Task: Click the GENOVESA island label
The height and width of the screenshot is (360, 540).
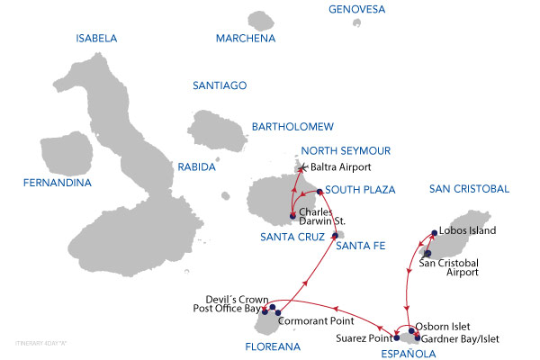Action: [x=357, y=10]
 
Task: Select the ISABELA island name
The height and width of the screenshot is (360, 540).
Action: [x=96, y=39]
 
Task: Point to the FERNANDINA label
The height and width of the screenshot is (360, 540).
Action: [x=58, y=184]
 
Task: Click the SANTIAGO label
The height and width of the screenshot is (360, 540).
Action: [x=220, y=85]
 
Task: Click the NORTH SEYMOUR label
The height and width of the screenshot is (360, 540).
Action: [x=346, y=150]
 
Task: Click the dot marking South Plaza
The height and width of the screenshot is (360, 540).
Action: [x=319, y=192]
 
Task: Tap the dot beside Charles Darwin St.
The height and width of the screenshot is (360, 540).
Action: [x=293, y=214]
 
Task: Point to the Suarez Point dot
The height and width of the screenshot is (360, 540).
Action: [x=396, y=337]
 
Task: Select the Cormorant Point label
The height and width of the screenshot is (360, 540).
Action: [x=315, y=319]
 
